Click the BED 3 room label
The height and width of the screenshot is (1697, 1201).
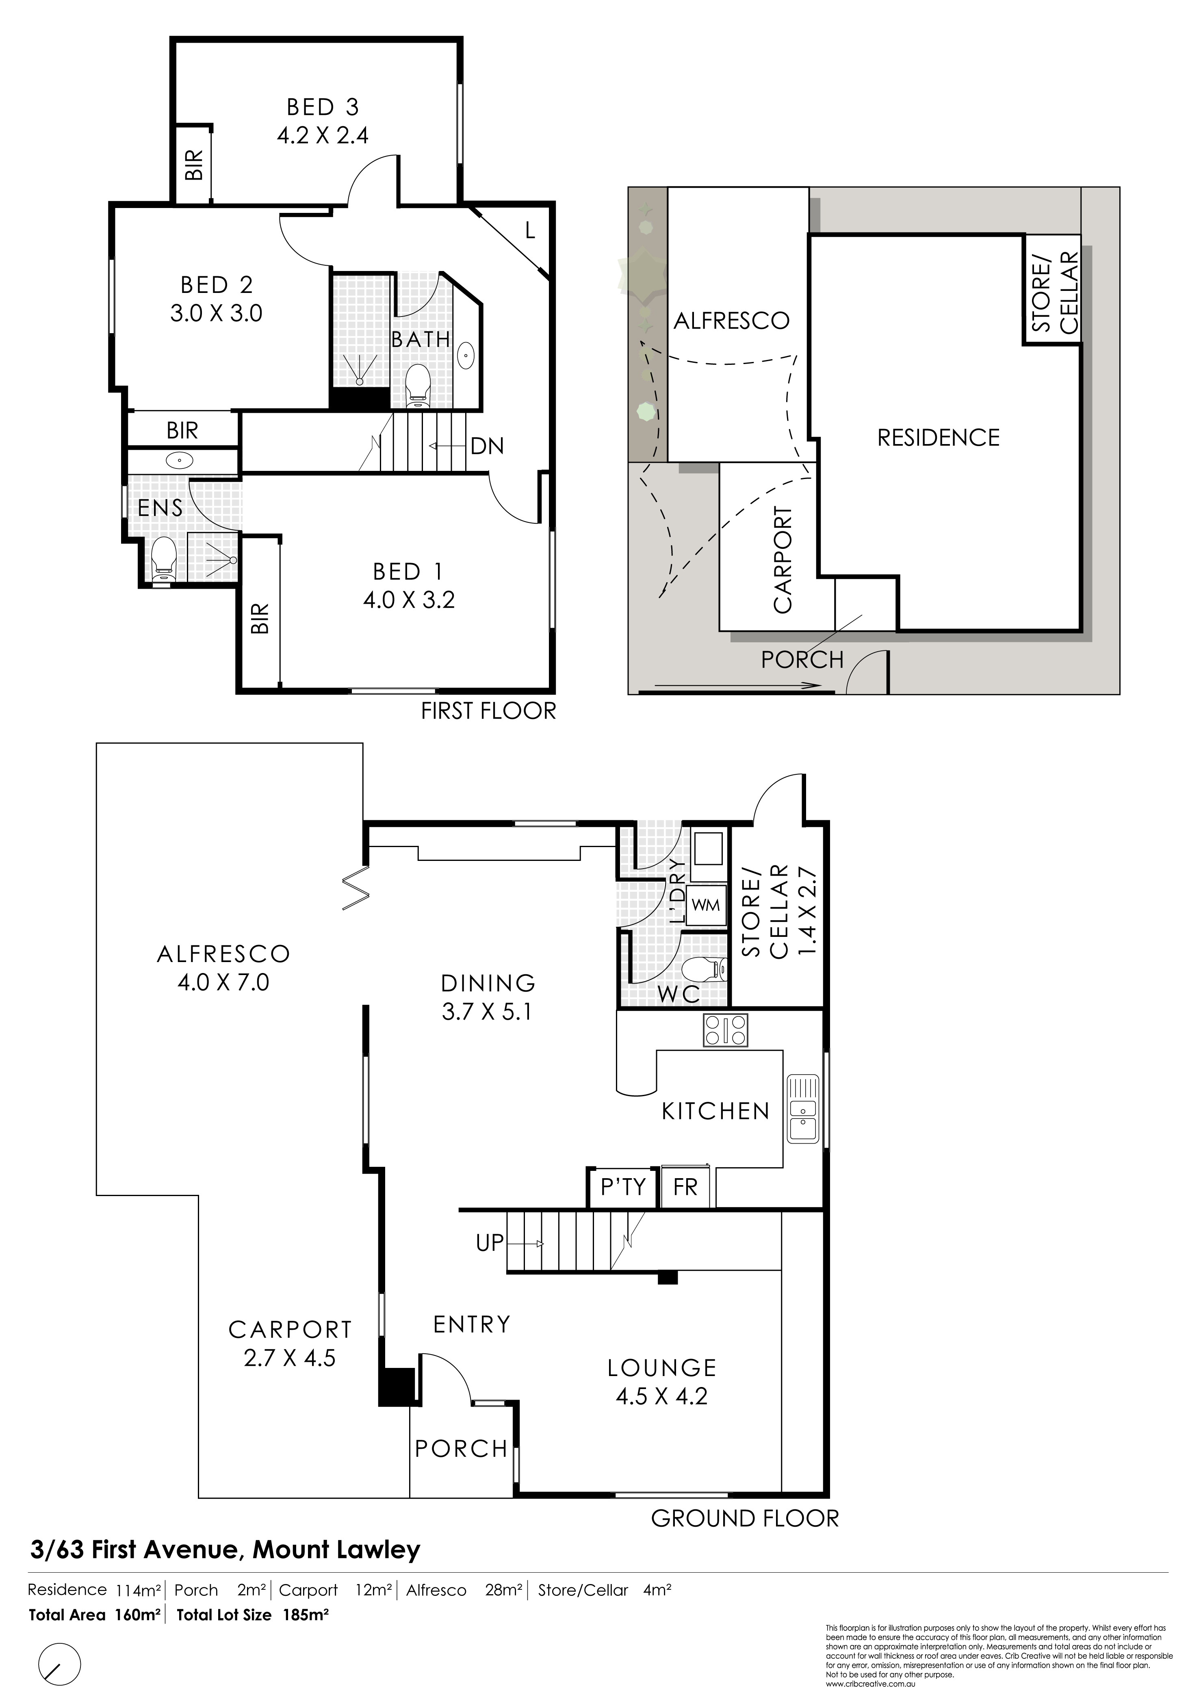tap(323, 107)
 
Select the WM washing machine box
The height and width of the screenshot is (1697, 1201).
tap(705, 904)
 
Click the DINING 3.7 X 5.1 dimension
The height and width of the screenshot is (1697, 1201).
tap(488, 1011)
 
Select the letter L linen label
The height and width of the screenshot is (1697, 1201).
tap(529, 231)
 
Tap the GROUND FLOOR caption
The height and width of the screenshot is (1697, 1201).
tap(745, 1519)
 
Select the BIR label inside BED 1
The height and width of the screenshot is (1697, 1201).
tap(260, 618)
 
